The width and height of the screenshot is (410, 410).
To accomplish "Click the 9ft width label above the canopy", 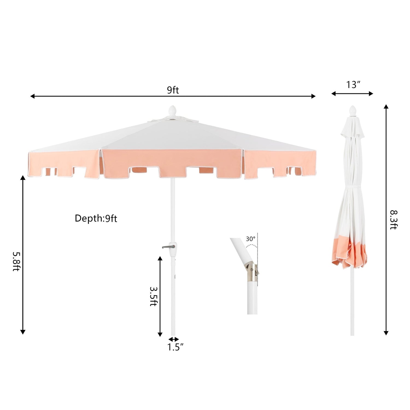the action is [x=173, y=90].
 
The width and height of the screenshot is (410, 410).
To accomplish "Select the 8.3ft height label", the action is [x=393, y=220].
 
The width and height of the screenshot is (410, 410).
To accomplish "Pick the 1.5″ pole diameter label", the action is [x=175, y=347].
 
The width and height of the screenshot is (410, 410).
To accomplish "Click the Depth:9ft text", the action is [x=96, y=218].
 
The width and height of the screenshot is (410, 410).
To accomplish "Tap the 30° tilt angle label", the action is [x=250, y=239].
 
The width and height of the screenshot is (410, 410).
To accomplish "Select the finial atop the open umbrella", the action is [x=172, y=111].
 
